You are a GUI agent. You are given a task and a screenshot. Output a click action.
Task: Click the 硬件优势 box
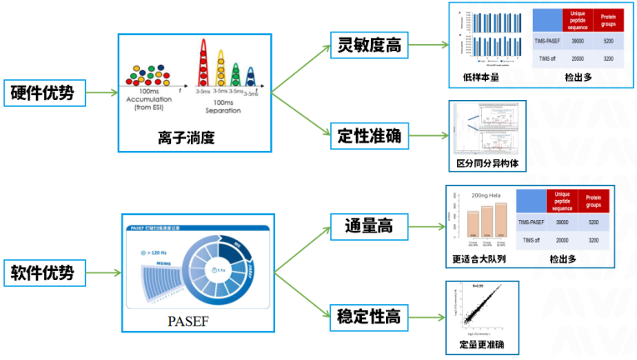coord(44,92)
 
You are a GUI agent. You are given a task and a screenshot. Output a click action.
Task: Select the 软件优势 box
coord(44,272)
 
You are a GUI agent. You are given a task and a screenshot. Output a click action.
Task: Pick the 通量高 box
coord(369,225)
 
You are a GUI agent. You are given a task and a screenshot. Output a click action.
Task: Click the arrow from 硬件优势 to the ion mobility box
coord(101,92)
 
